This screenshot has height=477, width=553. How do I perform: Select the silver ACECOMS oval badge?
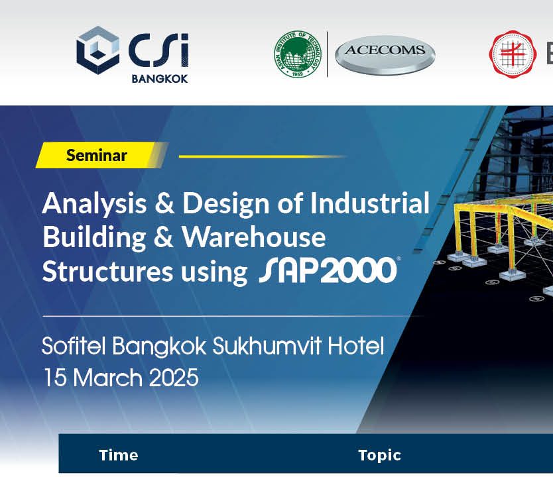tap(385, 54)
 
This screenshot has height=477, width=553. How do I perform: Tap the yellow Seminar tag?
tap(97, 156)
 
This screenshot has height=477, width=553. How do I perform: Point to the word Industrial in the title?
tap(369, 203)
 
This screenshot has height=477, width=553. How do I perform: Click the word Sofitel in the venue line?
tap(74, 346)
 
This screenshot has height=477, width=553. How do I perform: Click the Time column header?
tap(119, 455)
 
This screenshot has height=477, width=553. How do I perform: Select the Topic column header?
tap(379, 455)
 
